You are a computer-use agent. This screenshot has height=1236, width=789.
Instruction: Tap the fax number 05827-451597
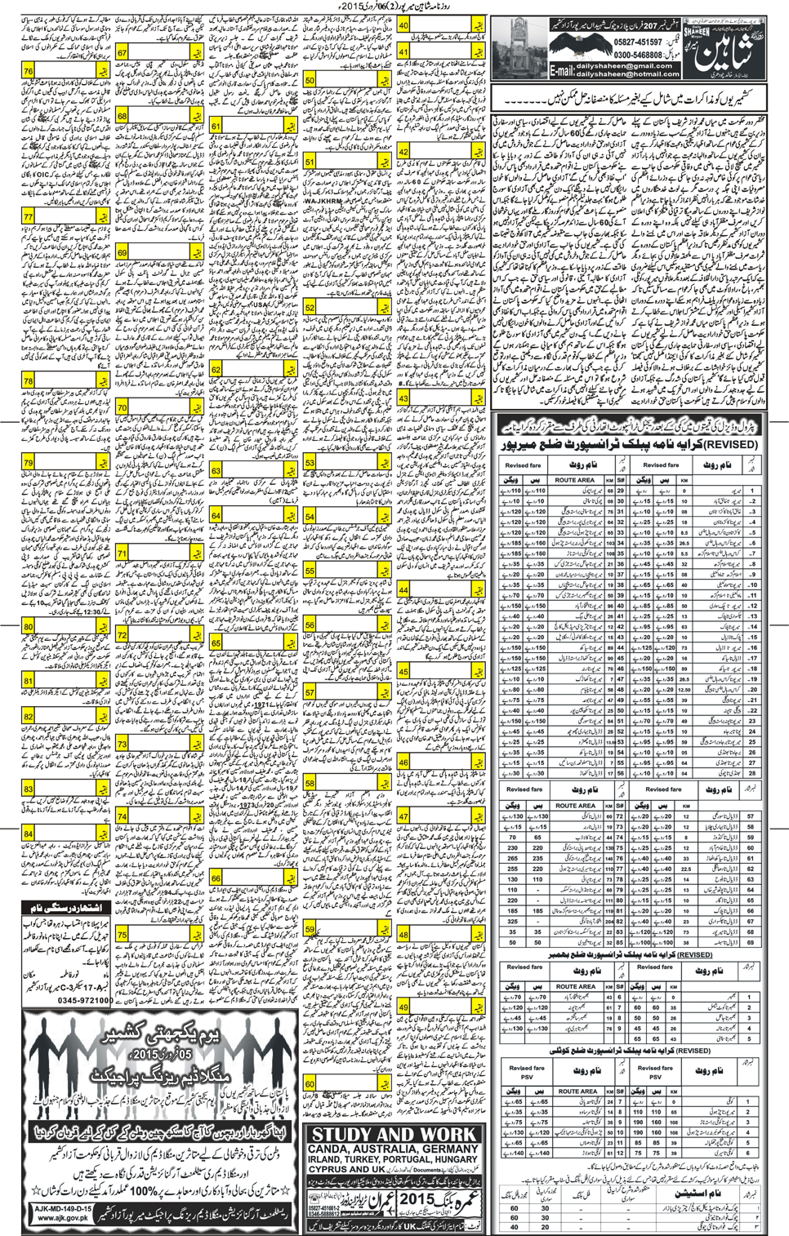[x=640, y=42]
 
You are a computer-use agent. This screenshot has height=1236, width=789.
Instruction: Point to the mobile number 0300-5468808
[x=640, y=55]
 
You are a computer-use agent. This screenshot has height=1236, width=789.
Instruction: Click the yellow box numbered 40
[x=404, y=26]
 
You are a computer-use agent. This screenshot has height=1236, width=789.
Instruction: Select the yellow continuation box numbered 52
[x=310, y=308]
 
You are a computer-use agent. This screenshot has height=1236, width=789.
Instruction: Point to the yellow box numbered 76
[x=29, y=72]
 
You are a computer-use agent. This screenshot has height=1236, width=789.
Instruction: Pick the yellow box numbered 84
[x=29, y=834]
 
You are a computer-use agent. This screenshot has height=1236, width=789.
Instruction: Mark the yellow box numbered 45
[x=404, y=672]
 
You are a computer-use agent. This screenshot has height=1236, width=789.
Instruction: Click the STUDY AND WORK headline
[x=394, y=1135]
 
